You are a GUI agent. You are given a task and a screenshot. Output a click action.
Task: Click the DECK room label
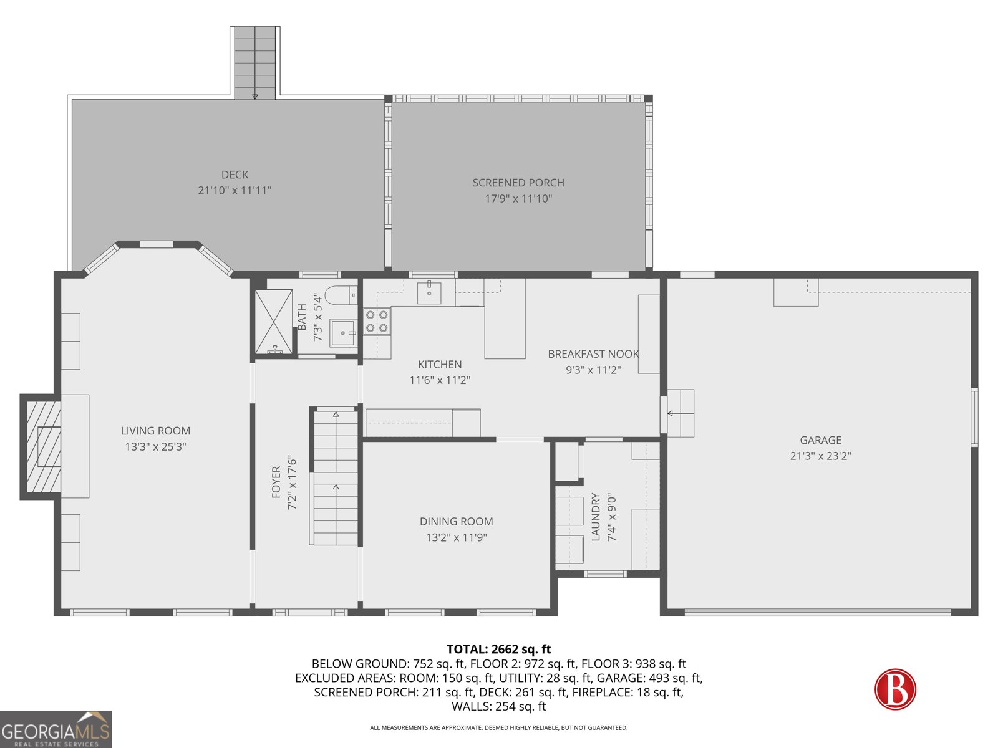(x=235, y=175)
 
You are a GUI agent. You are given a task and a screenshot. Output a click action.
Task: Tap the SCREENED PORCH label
(x=518, y=183)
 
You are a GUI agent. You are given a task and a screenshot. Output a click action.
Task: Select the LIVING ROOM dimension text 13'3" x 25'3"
(x=155, y=446)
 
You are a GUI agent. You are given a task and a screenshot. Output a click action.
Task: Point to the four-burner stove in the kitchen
(x=377, y=321)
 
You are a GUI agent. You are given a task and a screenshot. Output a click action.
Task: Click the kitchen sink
(x=429, y=292)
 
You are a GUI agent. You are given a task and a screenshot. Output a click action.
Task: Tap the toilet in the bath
(x=341, y=295)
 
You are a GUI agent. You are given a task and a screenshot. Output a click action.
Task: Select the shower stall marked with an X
(x=273, y=322)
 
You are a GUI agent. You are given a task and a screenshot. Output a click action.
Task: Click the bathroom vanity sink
(x=343, y=333)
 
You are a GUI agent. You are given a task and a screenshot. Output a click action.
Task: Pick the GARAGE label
(x=820, y=440)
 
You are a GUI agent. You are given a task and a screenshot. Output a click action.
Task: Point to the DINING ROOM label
(x=456, y=521)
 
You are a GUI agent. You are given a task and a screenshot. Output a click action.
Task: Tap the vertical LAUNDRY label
(x=596, y=517)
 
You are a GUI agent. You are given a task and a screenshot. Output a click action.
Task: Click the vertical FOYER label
(x=276, y=482)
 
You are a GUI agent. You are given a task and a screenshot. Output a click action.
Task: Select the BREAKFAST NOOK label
(x=593, y=354)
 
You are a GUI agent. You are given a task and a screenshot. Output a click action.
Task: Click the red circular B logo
(x=895, y=689)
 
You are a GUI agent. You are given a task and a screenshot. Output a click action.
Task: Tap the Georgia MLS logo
(x=56, y=729)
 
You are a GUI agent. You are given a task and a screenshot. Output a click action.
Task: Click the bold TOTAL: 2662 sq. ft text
(x=498, y=649)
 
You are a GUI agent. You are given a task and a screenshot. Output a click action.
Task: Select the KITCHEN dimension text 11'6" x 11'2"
(x=440, y=380)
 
